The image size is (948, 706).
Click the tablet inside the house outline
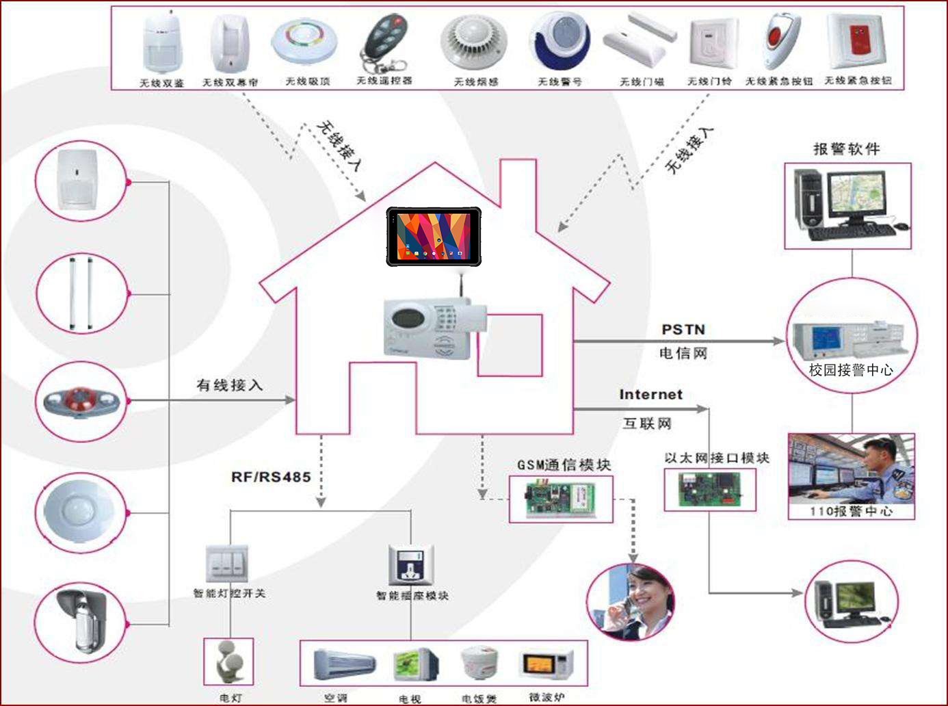coord(434,236)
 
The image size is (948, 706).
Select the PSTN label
coord(683,330)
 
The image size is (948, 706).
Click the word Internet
coord(650,395)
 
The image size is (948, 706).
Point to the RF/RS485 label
coord(271,477)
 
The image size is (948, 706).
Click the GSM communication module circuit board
coord(561,499)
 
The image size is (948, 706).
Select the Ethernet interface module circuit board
coord(709,490)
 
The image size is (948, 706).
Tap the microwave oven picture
coord(548,664)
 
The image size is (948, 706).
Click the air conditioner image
coord(344,664)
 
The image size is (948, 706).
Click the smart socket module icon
coord(410,566)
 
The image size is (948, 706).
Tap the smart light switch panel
coord(227,564)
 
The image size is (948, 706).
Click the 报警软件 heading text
coord(846,149)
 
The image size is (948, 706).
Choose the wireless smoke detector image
coord(474,42)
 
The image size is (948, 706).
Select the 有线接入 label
coord(230,385)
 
